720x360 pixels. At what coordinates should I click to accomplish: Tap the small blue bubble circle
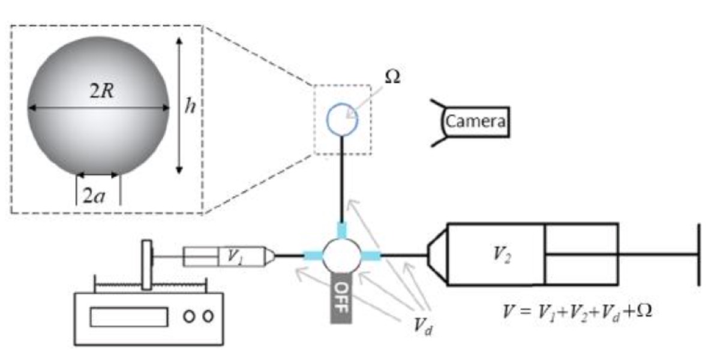click(x=342, y=120)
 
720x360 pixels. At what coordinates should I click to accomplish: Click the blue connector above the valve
click(x=342, y=230)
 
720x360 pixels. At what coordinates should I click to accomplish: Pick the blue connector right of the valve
click(x=370, y=257)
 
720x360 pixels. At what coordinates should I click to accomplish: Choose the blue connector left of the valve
click(x=313, y=256)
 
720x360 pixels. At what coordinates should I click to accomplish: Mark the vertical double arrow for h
click(x=179, y=106)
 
